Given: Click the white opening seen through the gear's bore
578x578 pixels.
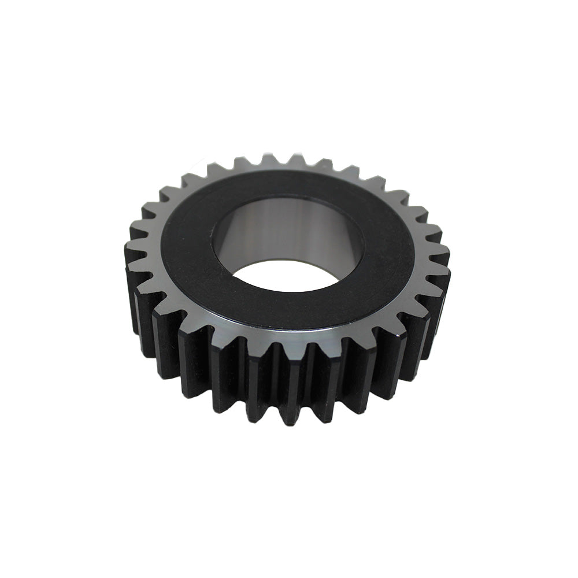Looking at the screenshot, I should pyautogui.click(x=286, y=276).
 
